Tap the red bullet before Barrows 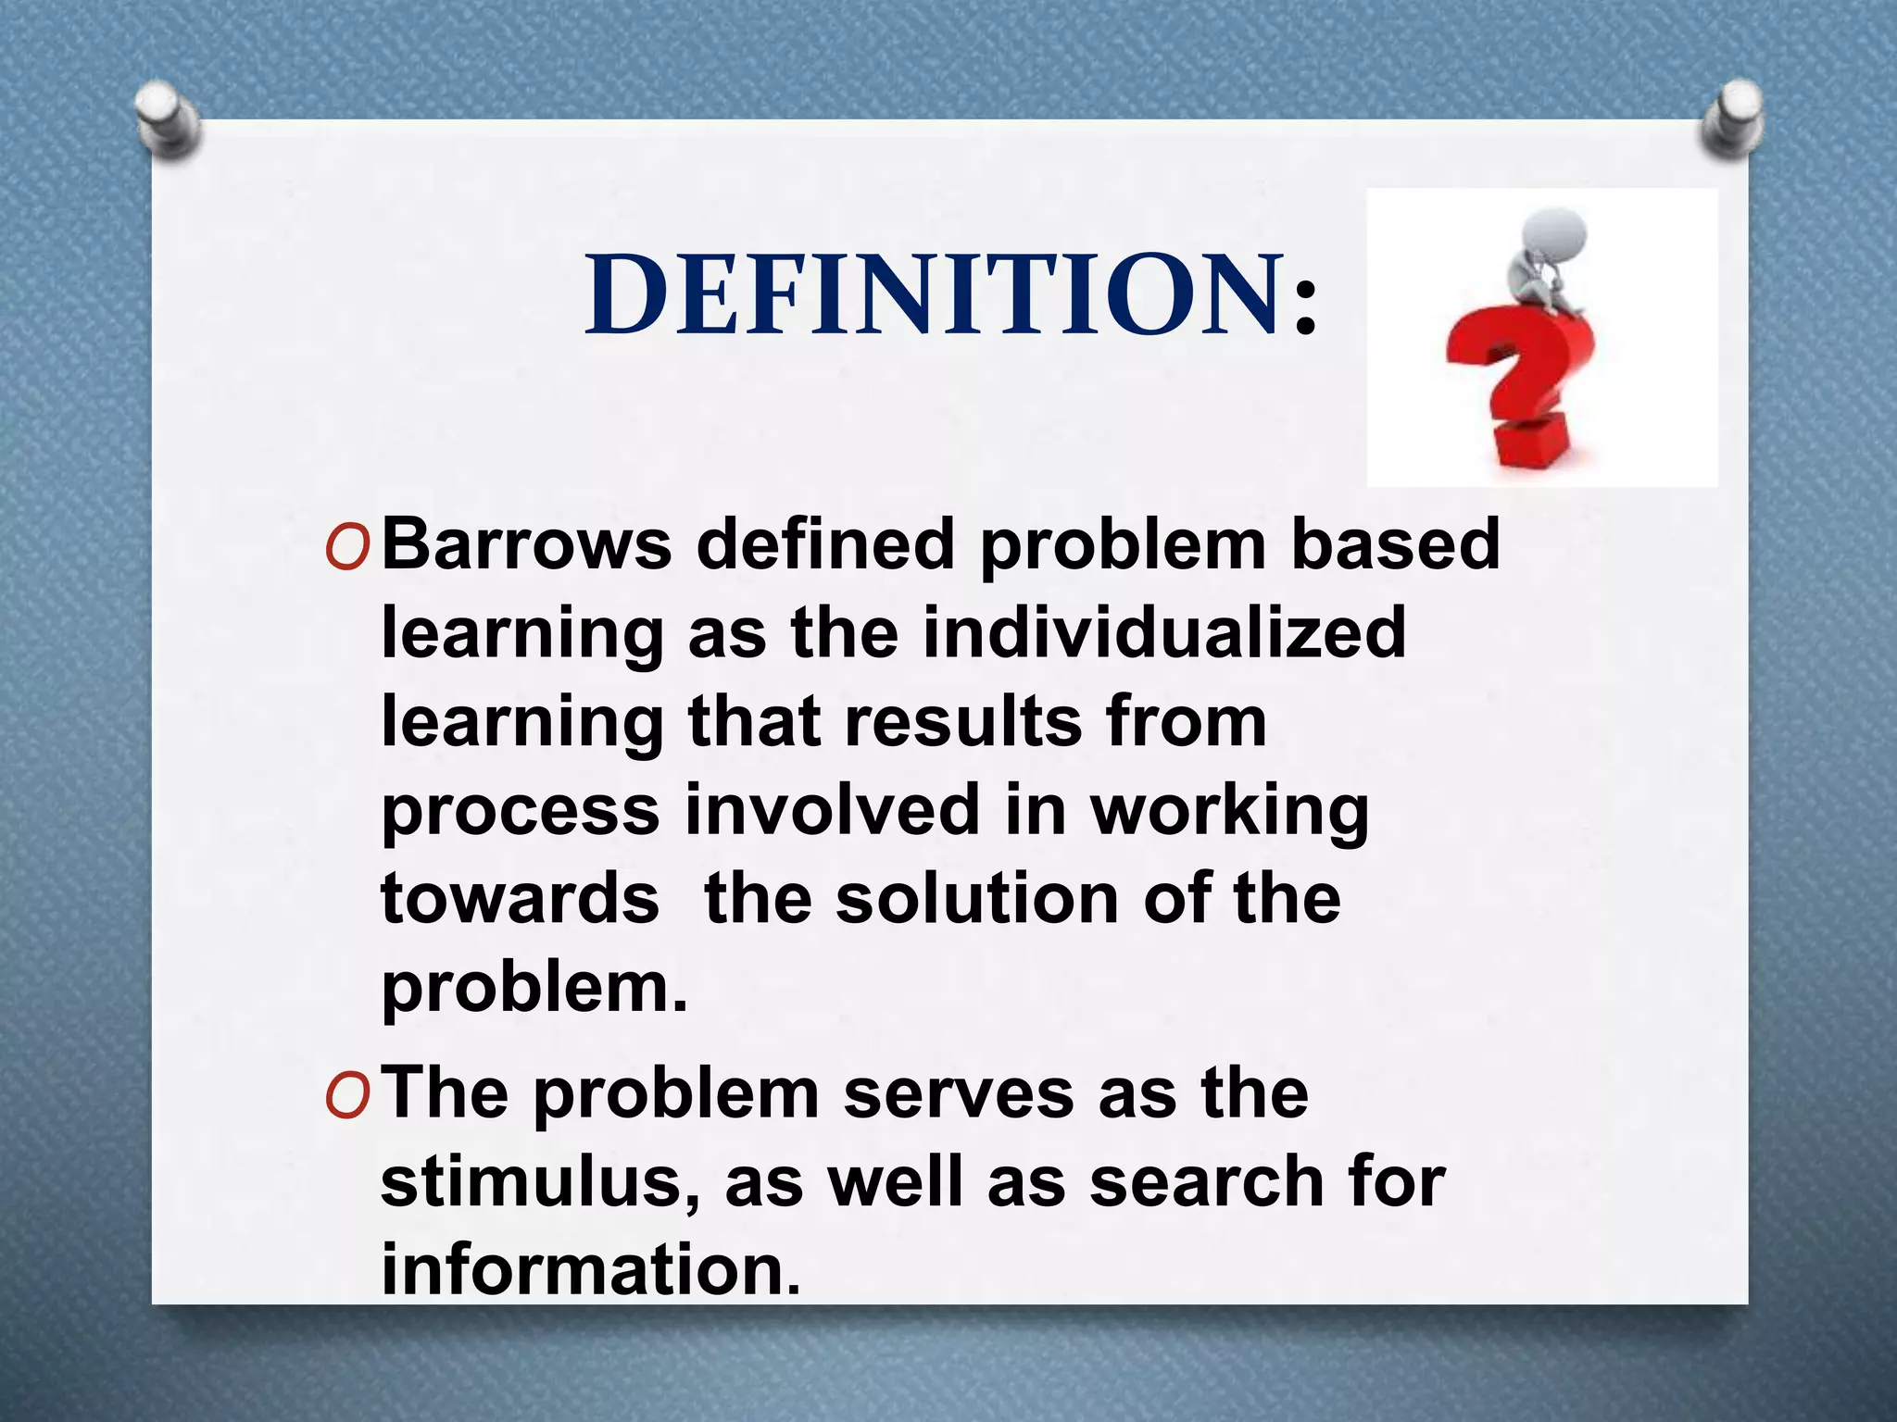[x=348, y=550]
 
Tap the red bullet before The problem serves [x=348, y=1098]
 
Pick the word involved [x=832, y=810]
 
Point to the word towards [x=520, y=899]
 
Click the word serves [x=959, y=1094]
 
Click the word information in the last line [x=589, y=1270]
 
